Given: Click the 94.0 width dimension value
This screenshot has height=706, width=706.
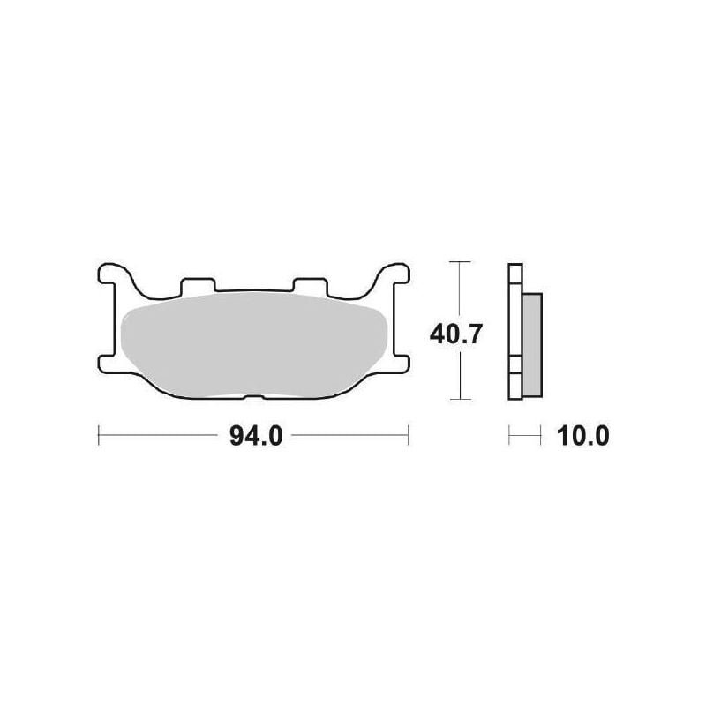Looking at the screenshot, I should coord(255,436).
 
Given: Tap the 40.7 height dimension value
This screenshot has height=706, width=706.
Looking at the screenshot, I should coord(455,334).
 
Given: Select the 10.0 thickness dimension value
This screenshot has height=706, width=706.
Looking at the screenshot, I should coord(584,436).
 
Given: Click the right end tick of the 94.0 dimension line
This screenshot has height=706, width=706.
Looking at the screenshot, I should coord(409,434).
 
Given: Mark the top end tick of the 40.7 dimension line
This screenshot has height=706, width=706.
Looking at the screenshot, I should coord(456,262).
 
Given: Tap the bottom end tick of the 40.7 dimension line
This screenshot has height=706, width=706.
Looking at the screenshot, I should coord(456,400).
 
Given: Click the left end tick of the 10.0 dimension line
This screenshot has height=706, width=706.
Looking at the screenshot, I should coord(509,434).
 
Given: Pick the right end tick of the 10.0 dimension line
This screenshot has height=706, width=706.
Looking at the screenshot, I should coord(540,434).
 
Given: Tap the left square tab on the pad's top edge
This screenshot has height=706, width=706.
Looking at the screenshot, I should coord(197,284).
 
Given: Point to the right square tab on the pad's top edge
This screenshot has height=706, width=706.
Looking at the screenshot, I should coord(309,284).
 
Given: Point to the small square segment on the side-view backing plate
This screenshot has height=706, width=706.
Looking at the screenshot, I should coord(514,364).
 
